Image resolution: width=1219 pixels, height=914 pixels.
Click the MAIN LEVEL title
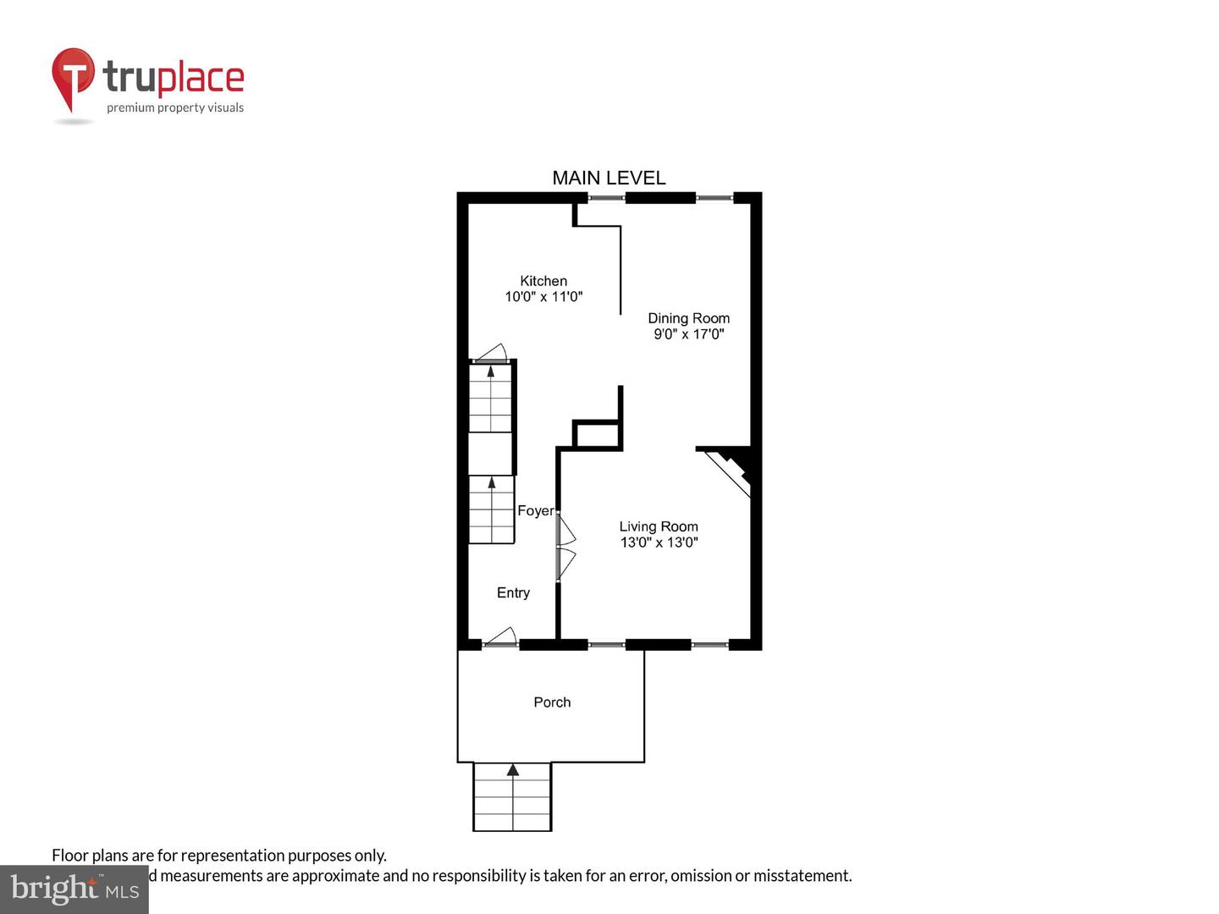tap(609, 178)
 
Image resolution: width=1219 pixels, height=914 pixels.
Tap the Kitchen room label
tap(543, 281)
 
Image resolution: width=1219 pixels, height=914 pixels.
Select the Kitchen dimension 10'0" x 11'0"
tap(543, 297)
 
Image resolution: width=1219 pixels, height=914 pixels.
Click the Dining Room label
tap(688, 318)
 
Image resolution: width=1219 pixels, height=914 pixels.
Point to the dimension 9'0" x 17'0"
tap(688, 334)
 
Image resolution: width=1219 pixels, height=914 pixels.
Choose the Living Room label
tap(659, 526)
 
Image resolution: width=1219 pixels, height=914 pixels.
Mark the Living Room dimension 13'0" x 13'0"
tap(659, 542)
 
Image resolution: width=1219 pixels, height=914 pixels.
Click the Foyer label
tap(535, 511)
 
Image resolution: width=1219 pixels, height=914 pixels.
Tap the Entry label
tap(513, 593)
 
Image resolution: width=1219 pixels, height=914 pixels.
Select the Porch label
tap(552, 702)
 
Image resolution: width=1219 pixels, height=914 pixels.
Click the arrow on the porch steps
tap(512, 770)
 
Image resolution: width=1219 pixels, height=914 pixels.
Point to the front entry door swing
tap(501, 637)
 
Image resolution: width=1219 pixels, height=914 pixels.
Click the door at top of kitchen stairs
tap(491, 354)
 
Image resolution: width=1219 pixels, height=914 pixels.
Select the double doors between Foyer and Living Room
tap(565, 548)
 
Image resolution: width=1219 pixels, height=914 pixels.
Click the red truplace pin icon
tap(73, 78)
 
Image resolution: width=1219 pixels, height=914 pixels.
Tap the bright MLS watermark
tap(74, 889)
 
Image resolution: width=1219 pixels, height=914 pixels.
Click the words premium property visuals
tap(175, 107)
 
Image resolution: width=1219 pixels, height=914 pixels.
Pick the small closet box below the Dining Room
tap(597, 434)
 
